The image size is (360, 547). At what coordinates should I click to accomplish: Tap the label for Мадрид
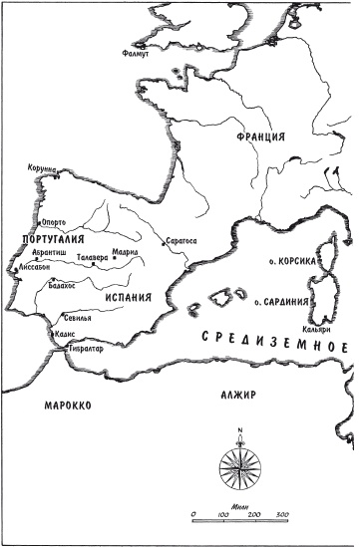pyautogui.click(x=127, y=253)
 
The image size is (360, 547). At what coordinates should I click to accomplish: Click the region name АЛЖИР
pyautogui.click(x=238, y=395)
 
